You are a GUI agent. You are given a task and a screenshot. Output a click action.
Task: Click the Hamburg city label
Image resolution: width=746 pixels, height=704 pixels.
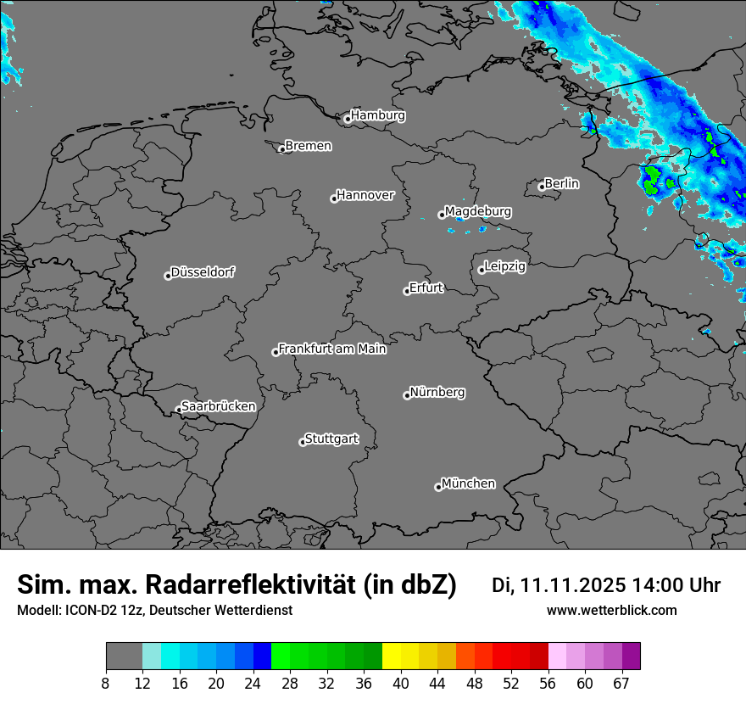tap(377, 115)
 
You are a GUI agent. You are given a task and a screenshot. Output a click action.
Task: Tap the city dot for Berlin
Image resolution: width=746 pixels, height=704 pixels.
tap(542, 187)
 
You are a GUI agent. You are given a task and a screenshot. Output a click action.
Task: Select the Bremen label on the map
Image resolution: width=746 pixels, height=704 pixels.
tap(308, 146)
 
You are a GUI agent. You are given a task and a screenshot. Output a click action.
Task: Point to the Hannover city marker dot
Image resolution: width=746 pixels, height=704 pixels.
tap(334, 198)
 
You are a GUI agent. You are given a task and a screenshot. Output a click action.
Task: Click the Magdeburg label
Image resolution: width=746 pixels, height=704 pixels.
tap(478, 211)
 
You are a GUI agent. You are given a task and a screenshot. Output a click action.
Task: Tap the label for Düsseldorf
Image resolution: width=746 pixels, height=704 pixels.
tap(203, 272)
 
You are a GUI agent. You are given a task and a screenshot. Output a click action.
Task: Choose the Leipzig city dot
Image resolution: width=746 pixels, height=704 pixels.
tap(482, 270)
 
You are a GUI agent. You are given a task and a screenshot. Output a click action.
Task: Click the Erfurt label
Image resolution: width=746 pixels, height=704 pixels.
tap(426, 288)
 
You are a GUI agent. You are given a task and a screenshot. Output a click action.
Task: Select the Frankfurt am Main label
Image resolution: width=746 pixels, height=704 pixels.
tap(332, 349)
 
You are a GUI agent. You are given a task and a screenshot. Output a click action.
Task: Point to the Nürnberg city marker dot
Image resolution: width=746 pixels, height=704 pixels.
tap(407, 395)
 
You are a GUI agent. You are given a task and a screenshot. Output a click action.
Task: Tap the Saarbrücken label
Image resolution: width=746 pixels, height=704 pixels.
tap(218, 406)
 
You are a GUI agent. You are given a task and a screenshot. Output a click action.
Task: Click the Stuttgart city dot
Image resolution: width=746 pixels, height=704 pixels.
tap(303, 442)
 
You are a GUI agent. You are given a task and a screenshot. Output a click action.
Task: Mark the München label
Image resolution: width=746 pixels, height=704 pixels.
tap(468, 483)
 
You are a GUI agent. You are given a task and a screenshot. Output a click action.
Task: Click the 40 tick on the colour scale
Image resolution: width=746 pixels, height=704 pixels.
tap(401, 684)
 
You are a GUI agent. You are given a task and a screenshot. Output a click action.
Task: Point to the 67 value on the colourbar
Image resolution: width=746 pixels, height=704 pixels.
tap(621, 684)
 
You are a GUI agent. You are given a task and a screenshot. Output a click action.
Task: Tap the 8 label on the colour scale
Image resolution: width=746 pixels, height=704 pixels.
tap(106, 684)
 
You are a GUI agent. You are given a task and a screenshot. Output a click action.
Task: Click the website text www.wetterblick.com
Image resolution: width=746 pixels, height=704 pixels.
tap(611, 611)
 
